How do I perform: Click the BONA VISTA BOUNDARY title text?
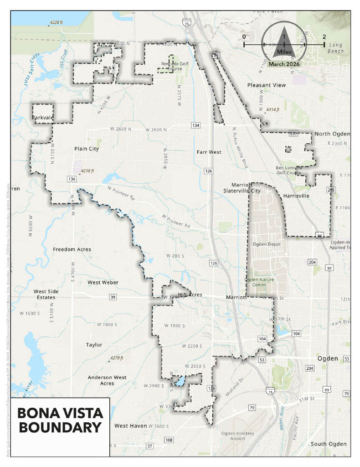(60, 420)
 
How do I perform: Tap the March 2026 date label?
(283, 64)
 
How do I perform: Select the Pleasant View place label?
(266, 85)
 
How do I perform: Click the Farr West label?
(209, 152)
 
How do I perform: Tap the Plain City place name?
(87, 149)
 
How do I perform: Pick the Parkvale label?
(43, 118)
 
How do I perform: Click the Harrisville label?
(296, 196)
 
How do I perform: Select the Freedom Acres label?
(72, 249)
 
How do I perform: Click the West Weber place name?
(103, 283)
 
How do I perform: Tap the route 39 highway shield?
(113, 297)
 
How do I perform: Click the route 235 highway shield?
(293, 134)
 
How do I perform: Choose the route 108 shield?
(169, 440)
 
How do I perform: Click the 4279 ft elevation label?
(115, 358)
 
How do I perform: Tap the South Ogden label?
(328, 444)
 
